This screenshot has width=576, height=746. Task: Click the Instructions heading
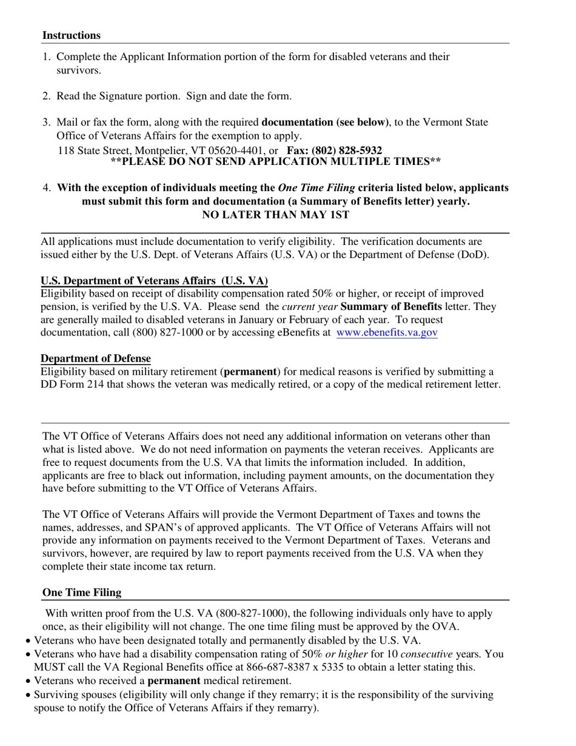[x=71, y=35]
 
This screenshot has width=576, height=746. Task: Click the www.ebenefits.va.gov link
[x=387, y=332]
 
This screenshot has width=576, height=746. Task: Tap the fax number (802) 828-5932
[x=347, y=150]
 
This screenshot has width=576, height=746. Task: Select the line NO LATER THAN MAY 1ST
[x=275, y=215]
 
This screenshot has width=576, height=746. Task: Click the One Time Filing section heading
[x=81, y=593]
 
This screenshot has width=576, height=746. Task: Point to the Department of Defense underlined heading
[x=95, y=358]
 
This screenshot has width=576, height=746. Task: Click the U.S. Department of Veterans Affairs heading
[x=154, y=281]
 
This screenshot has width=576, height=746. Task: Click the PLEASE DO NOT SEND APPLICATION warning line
[x=275, y=161]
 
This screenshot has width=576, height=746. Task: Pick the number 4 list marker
[x=47, y=188]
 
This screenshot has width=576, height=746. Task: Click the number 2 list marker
[x=47, y=96]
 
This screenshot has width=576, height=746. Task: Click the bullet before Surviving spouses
[x=28, y=695]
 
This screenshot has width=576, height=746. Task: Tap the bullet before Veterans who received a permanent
[x=28, y=682]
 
